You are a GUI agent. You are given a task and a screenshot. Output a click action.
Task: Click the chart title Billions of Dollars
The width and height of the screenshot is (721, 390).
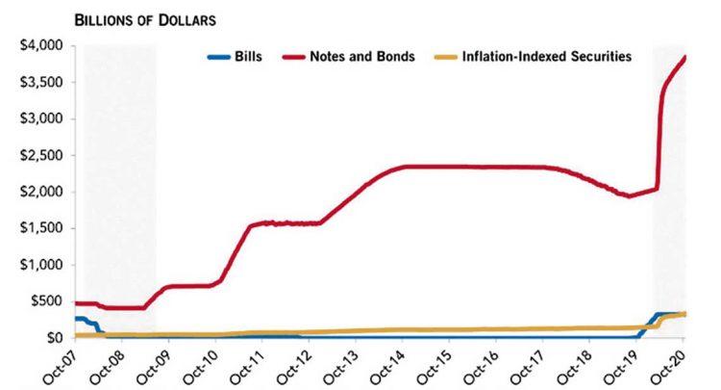[x=106, y=18]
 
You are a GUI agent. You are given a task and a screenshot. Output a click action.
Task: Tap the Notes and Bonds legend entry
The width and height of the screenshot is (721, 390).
[x=362, y=57]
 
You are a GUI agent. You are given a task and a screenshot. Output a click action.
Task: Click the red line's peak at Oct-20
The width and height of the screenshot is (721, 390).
[x=684, y=57]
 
